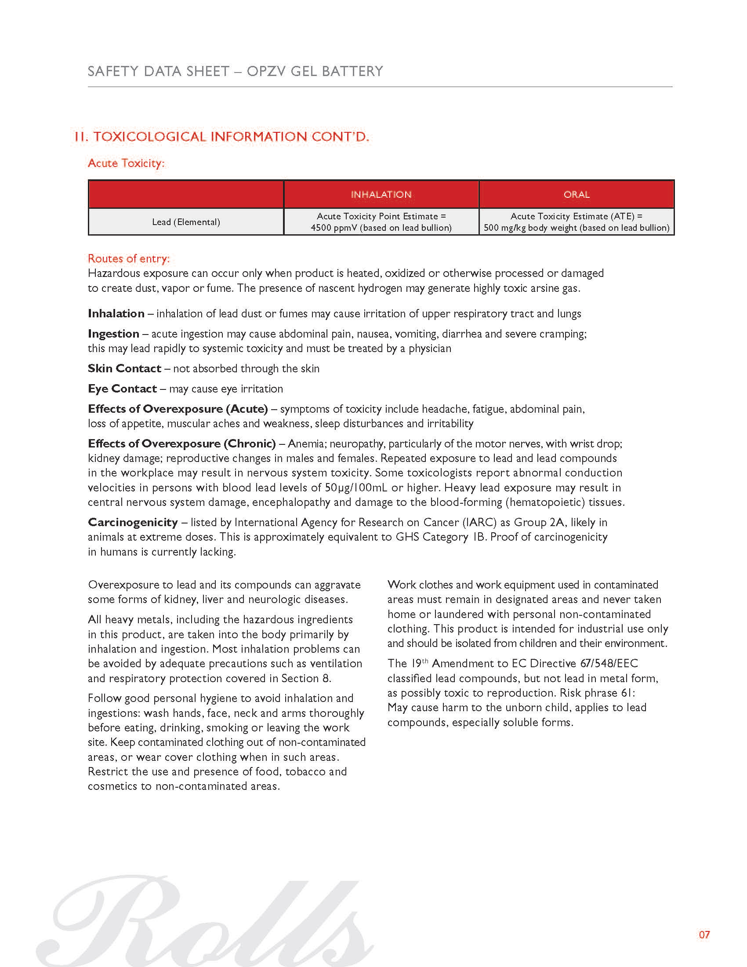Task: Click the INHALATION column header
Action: tap(381, 194)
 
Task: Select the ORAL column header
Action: tap(576, 194)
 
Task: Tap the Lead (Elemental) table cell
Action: tap(186, 222)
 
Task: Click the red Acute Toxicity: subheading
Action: tap(126, 164)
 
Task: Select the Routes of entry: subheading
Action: tap(128, 258)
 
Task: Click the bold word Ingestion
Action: tap(114, 334)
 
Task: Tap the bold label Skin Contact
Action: tap(124, 368)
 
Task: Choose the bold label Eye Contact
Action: tap(122, 389)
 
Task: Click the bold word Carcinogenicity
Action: tap(133, 523)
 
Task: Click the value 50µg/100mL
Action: tap(357, 487)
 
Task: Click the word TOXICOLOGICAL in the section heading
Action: tap(150, 137)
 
